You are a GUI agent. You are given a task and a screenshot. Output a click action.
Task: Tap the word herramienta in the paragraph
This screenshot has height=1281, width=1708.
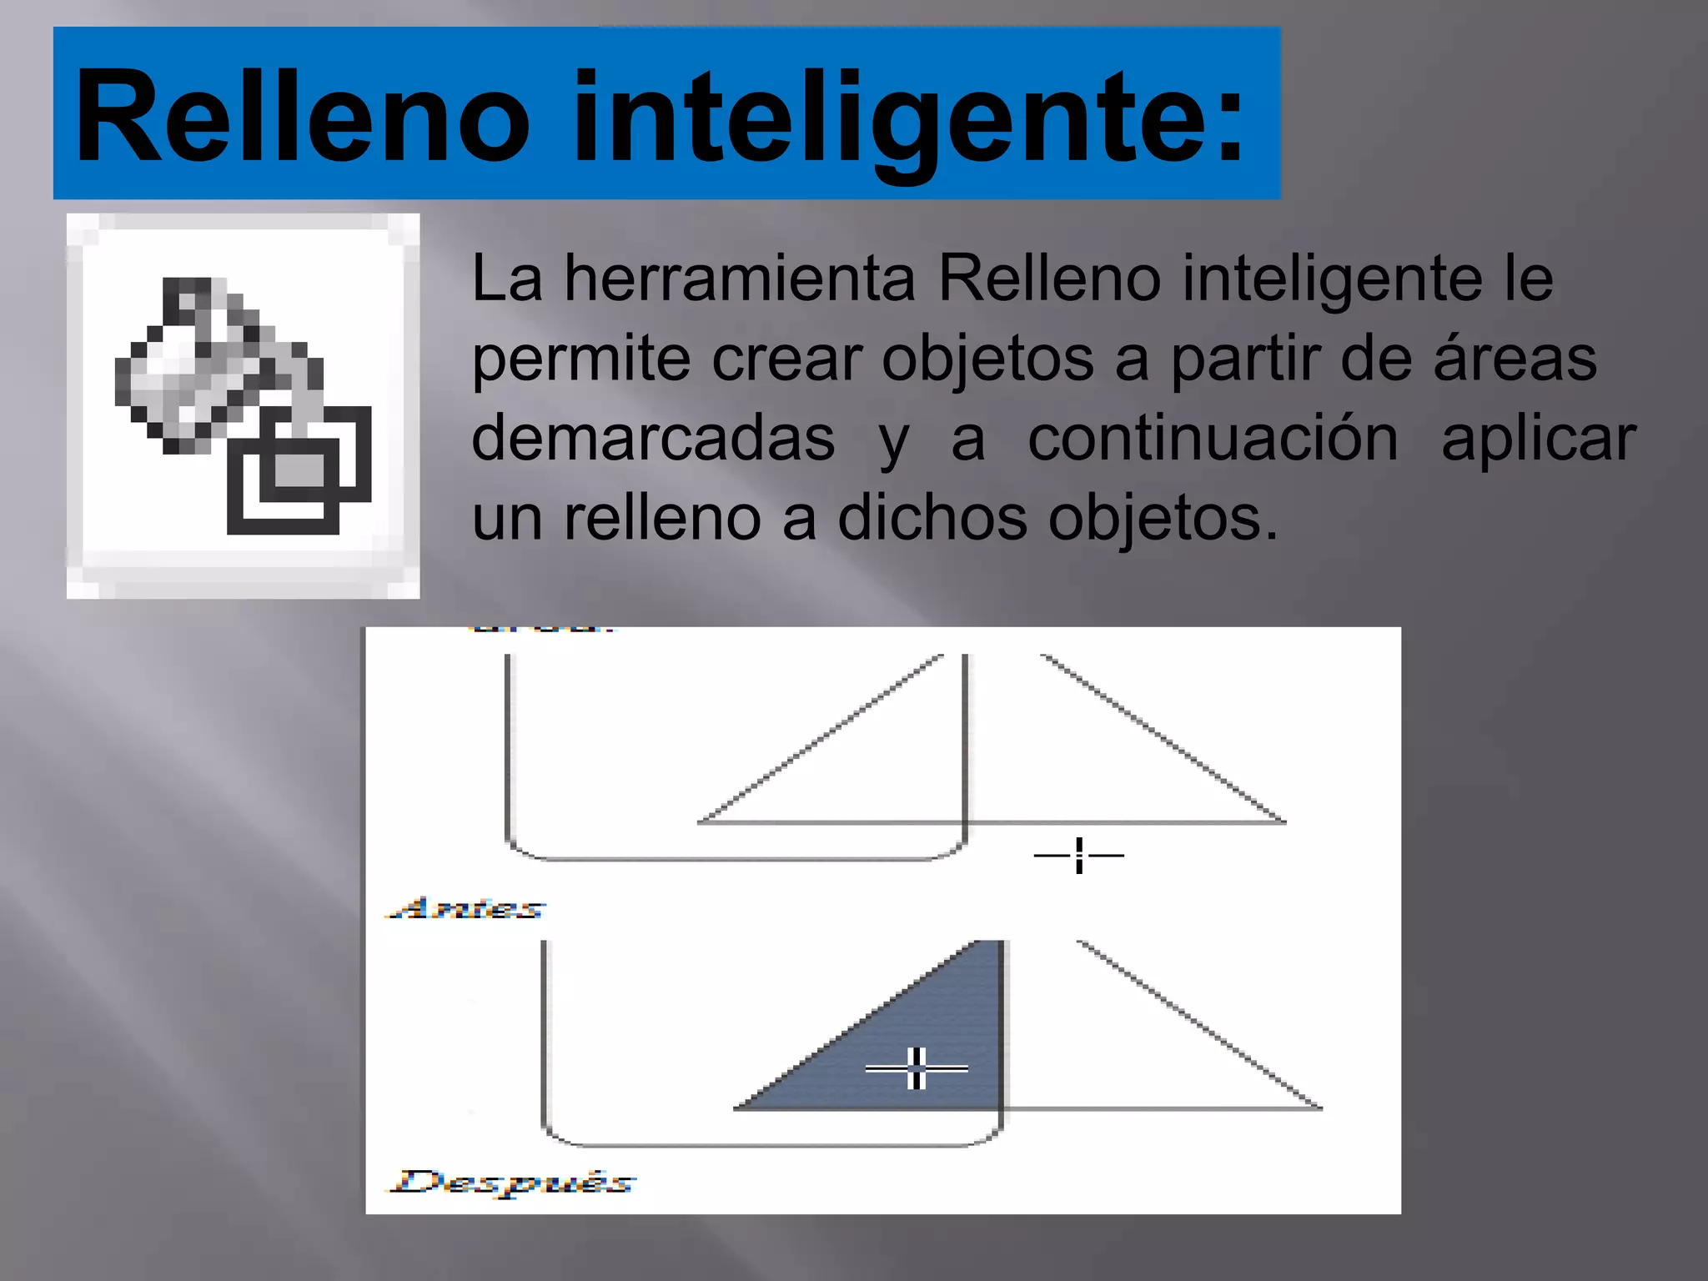740,279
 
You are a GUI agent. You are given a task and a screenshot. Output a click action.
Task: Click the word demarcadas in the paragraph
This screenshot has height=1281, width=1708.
653,439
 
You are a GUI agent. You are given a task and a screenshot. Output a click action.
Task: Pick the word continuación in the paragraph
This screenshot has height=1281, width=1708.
1213,439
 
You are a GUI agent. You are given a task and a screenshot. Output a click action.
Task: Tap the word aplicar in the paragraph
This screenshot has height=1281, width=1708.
1539,439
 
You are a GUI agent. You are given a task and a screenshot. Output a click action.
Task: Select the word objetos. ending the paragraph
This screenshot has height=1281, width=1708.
1163,518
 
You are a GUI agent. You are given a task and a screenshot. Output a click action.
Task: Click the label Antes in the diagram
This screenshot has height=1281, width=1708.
465,908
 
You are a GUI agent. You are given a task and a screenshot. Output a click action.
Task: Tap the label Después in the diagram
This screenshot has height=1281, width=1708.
512,1182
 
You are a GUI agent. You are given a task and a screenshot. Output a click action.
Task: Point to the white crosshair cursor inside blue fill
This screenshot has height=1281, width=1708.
917,1068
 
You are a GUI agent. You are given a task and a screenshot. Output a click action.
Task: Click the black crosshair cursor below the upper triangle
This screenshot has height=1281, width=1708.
1079,856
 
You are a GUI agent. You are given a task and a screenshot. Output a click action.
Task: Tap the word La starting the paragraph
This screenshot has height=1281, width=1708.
507,279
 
